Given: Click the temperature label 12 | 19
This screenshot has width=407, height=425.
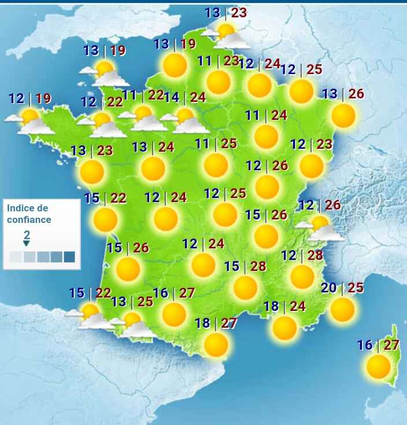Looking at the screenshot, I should [x=30, y=98].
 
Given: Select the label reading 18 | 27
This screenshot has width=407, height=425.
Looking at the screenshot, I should [x=216, y=323].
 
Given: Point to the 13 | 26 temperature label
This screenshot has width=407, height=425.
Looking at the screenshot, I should [x=343, y=94].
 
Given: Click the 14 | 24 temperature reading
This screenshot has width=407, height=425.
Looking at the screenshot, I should [x=184, y=97].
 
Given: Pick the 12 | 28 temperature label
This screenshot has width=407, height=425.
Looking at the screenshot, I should [x=301, y=255].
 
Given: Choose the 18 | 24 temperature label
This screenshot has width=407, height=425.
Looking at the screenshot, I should [x=284, y=306].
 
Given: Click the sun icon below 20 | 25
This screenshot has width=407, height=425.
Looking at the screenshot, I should [x=342, y=309].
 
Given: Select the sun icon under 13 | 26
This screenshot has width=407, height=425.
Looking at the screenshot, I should [x=343, y=116].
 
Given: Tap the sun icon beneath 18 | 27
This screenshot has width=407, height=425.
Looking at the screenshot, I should [x=216, y=345].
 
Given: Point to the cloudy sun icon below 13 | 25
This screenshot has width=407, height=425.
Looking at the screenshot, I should [x=134, y=325].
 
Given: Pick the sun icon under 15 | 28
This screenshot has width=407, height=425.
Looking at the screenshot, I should [x=245, y=288].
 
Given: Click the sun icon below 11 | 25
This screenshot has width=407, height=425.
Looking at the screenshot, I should [x=216, y=165].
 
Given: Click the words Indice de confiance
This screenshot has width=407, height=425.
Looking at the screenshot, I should [x=28, y=214].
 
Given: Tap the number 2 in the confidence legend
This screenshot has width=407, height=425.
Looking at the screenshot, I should [x=27, y=235].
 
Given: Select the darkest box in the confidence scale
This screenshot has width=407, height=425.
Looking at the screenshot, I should [x=69, y=257].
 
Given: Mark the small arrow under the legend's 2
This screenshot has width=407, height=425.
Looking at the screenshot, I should [x=27, y=243].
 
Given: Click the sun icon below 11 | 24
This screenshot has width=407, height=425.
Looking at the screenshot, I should [x=266, y=137].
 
